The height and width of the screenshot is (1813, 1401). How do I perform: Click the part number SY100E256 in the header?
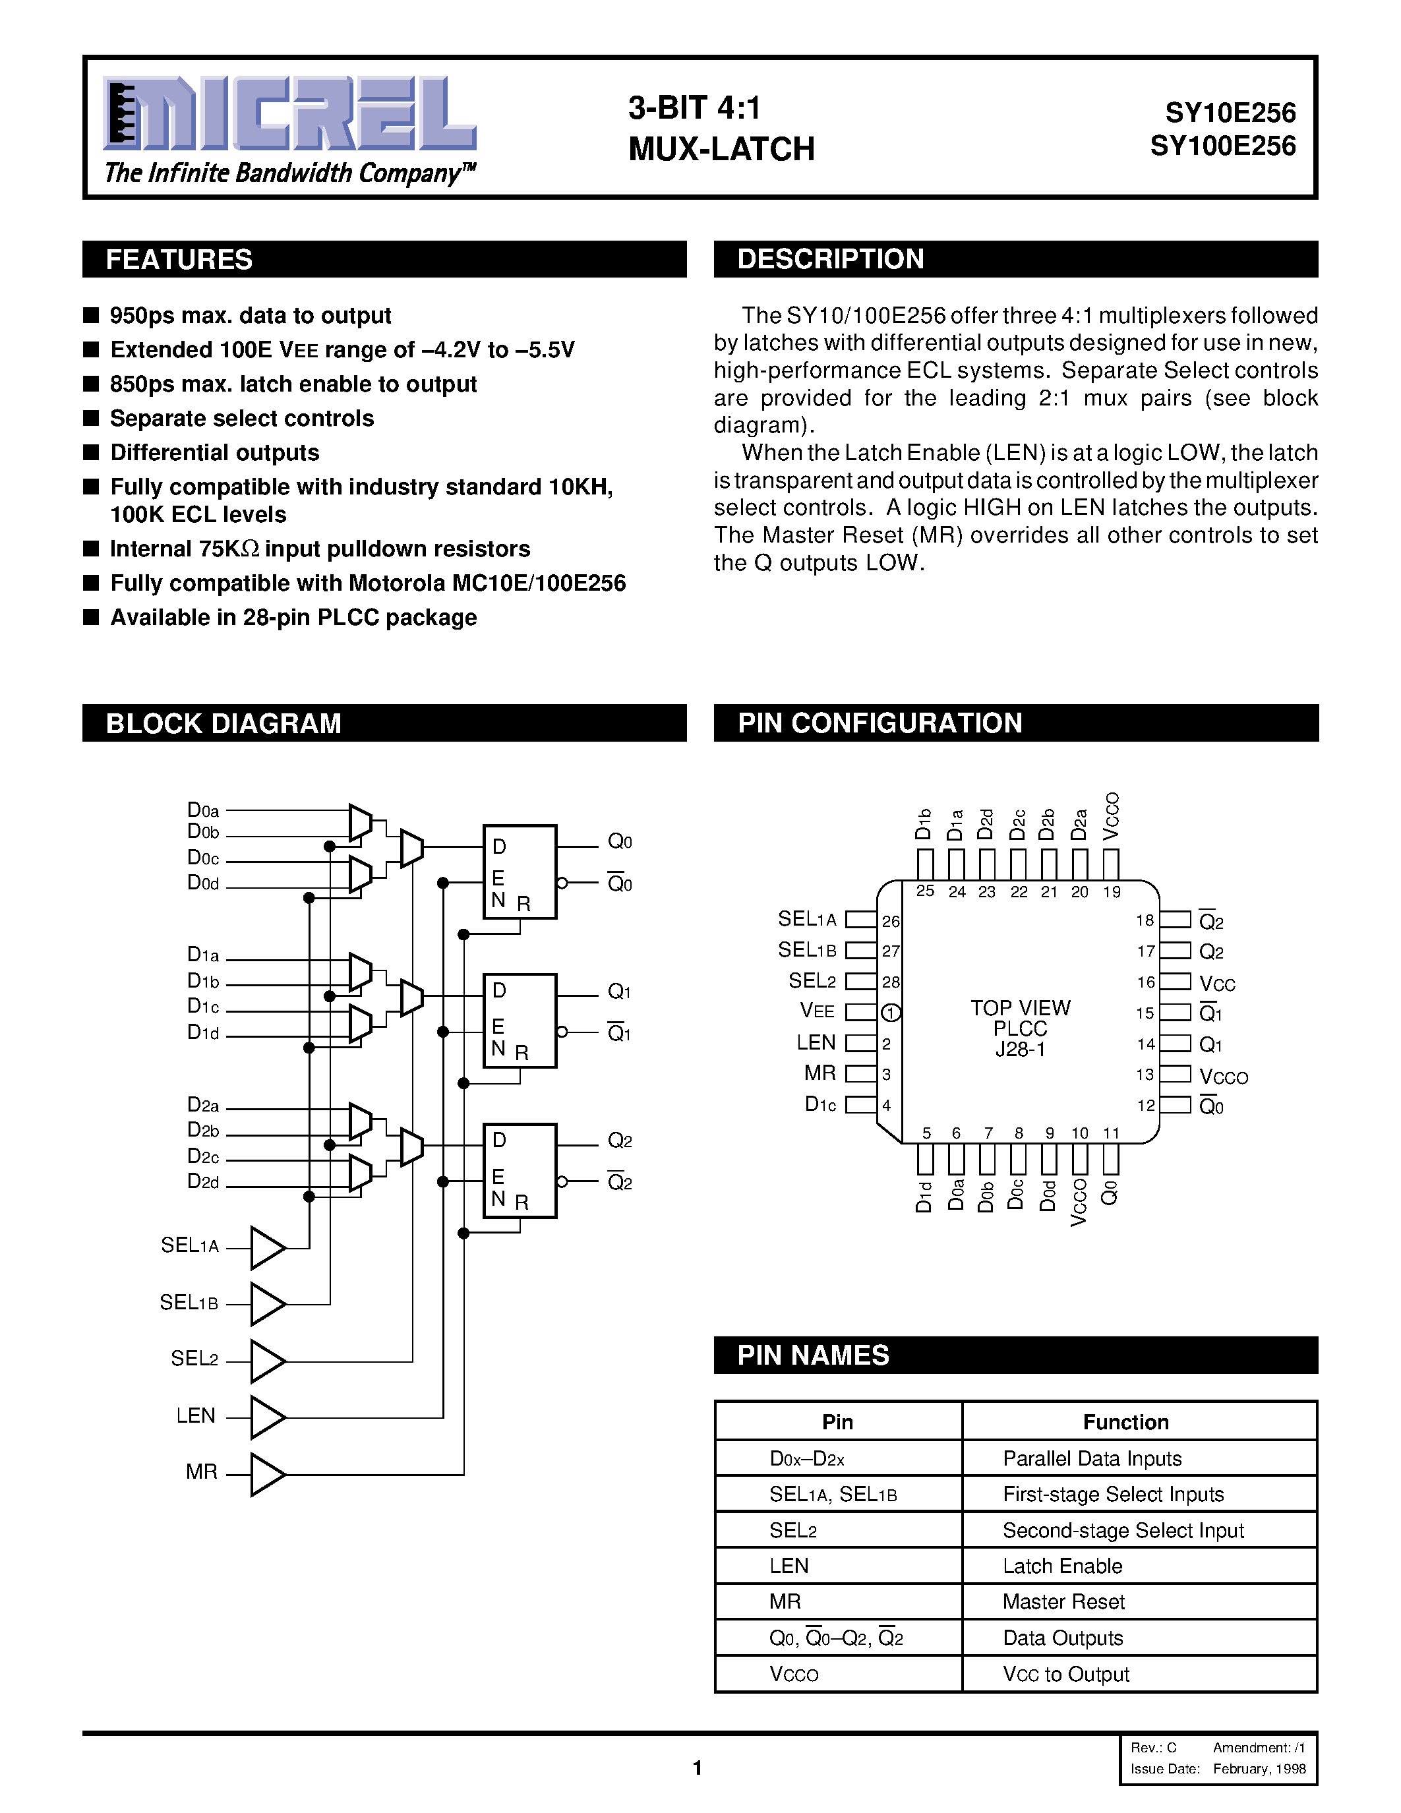pos(1222,146)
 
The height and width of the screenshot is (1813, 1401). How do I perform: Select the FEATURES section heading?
pos(179,260)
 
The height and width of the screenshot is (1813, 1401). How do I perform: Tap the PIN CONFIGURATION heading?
pos(879,723)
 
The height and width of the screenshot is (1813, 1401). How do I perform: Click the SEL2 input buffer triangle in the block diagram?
pos(267,1361)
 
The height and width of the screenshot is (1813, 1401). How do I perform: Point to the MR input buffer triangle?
pos(267,1474)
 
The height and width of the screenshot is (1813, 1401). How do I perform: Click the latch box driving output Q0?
pos(520,872)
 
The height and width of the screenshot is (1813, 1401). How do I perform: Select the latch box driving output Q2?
pos(520,1170)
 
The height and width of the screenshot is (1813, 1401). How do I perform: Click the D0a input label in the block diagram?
pos(203,810)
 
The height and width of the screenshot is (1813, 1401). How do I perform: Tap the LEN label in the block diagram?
pos(196,1415)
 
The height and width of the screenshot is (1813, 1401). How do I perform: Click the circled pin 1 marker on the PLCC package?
pos(891,1013)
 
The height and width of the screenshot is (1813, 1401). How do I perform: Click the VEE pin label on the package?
pos(817,1011)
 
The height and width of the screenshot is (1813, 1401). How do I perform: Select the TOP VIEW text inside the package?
pos(1020,1008)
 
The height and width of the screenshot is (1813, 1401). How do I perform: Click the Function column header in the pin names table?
pos(1125,1422)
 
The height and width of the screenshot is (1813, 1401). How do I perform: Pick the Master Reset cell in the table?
pos(1063,1601)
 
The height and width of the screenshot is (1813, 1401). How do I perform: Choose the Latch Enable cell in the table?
pos(1062,1566)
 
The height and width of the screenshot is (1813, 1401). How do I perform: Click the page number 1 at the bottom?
pos(697,1768)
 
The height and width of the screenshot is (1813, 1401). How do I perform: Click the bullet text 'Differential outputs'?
pos(214,452)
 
